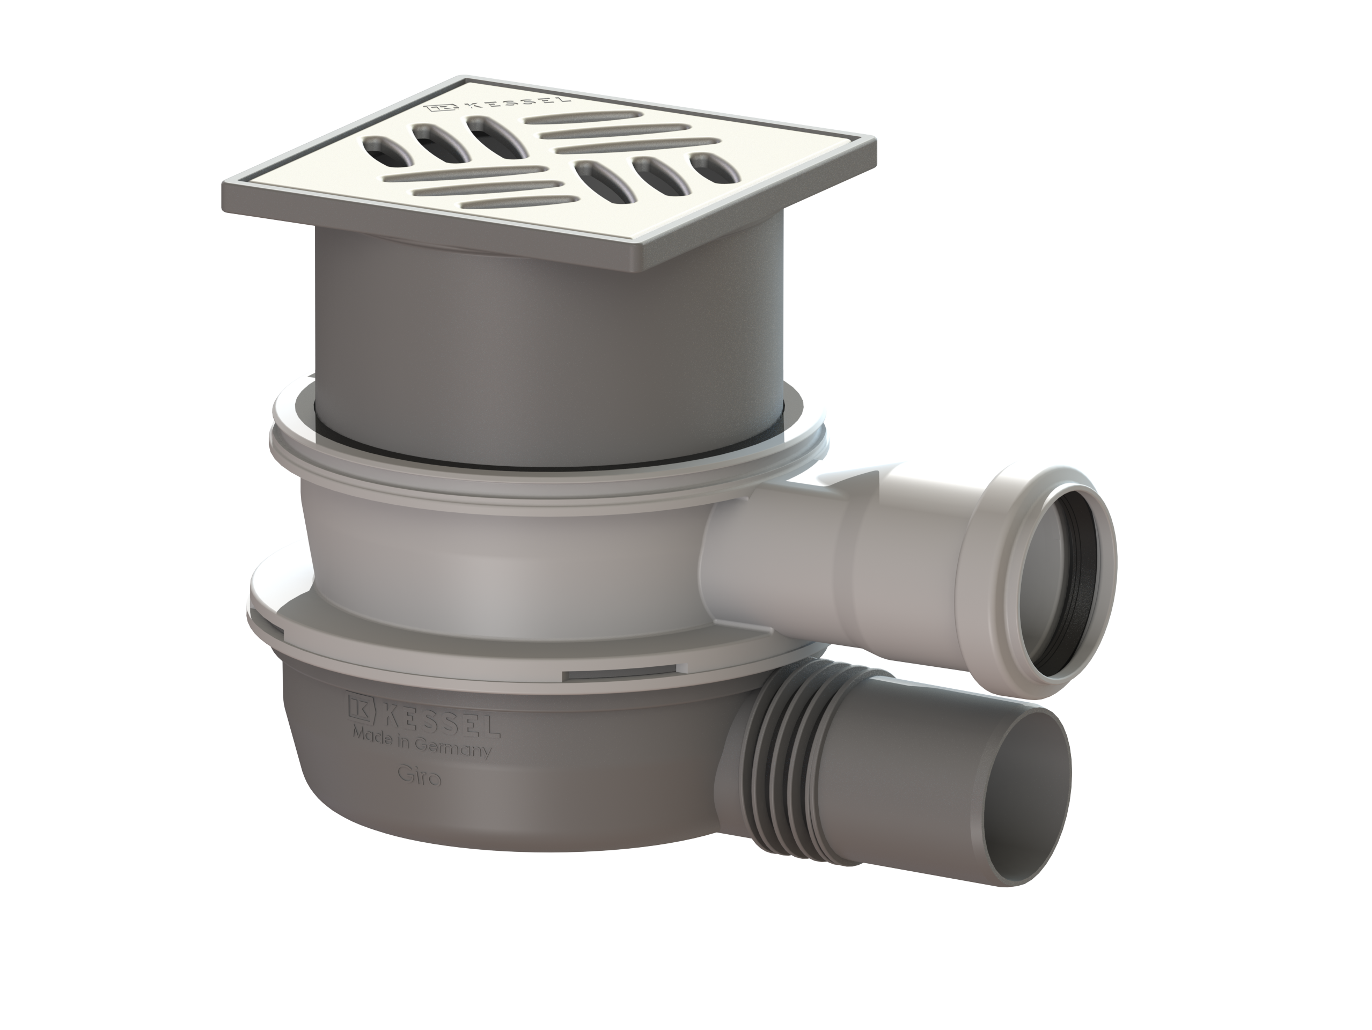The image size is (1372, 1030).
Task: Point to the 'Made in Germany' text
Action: (x=422, y=744)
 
